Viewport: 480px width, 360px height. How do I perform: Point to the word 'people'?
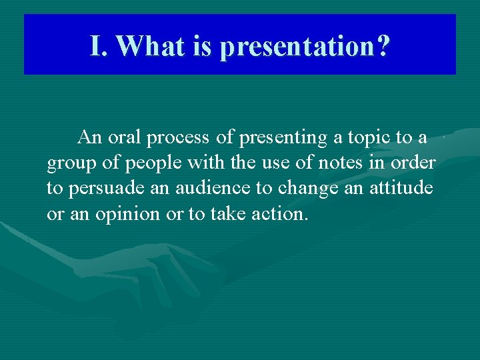click(x=143, y=163)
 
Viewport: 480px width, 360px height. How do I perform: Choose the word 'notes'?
click(x=333, y=163)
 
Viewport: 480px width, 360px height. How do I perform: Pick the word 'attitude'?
click(x=401, y=189)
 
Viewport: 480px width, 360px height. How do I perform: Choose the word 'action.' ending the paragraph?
click(x=283, y=214)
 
